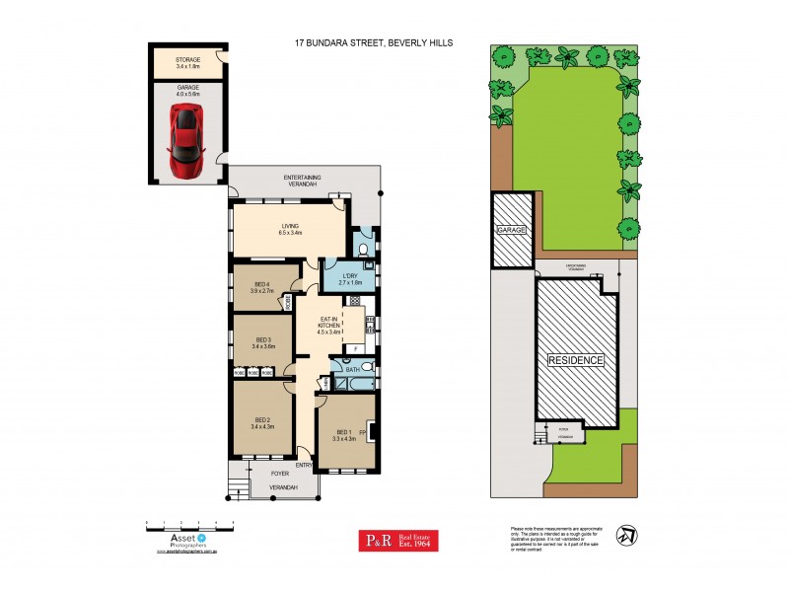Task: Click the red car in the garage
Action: point(186,142)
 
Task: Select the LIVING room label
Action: point(289,229)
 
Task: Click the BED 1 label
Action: point(343,435)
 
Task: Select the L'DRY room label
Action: point(350,279)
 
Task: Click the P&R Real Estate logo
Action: point(397,540)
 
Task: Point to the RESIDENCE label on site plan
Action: point(576,361)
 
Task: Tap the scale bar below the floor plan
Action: point(189,521)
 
